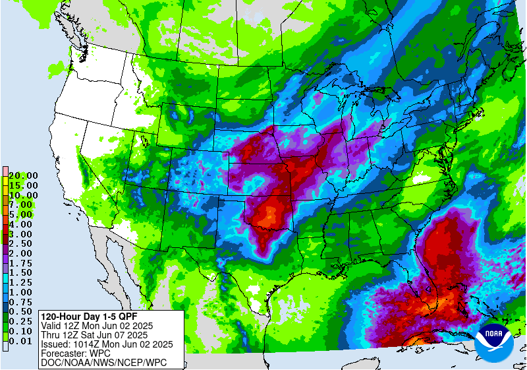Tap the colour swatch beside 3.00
[5, 234]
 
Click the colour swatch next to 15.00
[5, 185]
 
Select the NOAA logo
[495, 341]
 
